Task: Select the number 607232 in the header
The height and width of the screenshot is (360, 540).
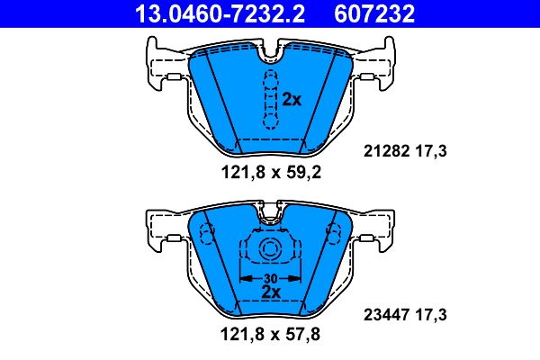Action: click(x=390, y=13)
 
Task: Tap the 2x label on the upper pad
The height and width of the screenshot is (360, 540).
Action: click(x=291, y=100)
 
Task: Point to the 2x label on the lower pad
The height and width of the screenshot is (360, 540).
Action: click(x=269, y=292)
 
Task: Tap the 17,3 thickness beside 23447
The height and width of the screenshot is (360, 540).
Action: click(x=431, y=315)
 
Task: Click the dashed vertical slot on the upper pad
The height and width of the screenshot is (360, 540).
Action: click(x=268, y=98)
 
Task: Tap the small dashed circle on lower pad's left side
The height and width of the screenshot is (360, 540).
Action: click(x=206, y=236)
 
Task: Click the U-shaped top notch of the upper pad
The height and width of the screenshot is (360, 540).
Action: click(x=268, y=57)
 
